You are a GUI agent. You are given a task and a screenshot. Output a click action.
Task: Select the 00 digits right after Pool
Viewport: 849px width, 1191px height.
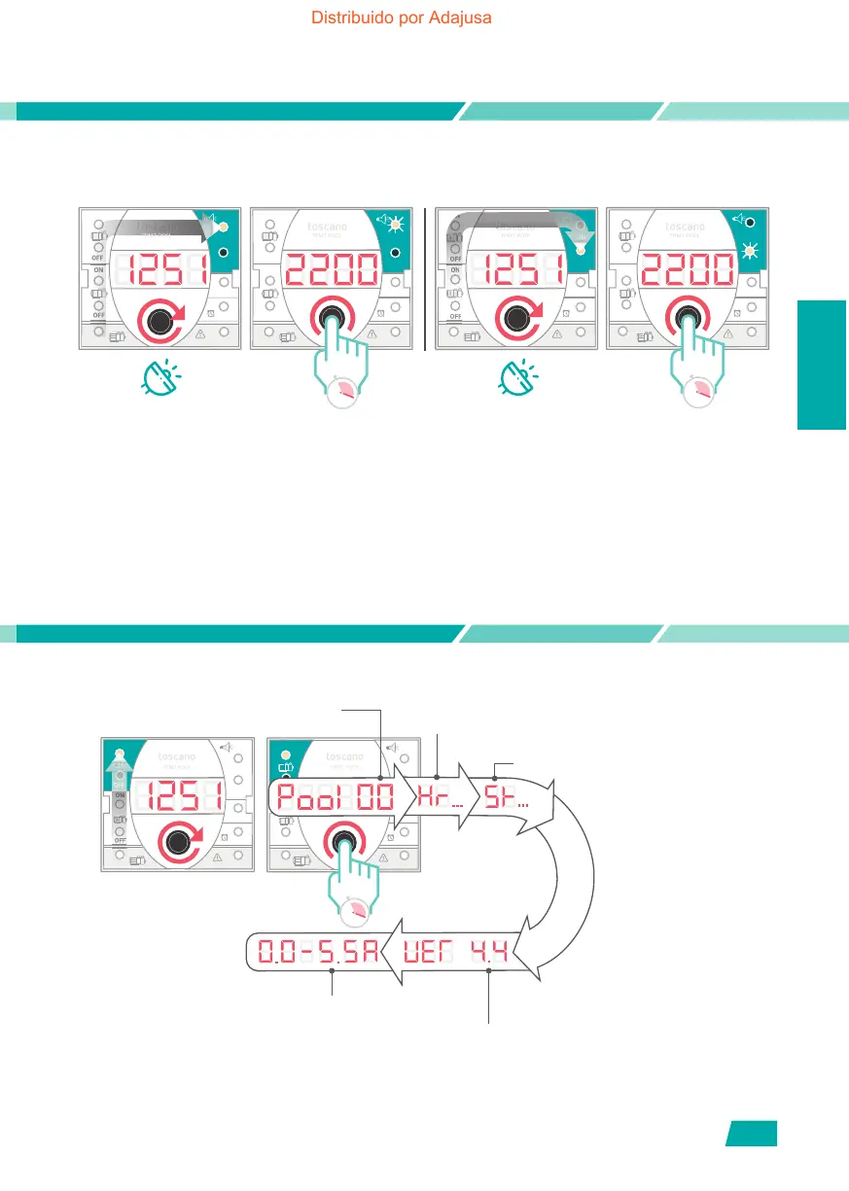pyautogui.click(x=373, y=800)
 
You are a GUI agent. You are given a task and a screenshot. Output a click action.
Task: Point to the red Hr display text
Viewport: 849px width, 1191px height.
pyautogui.click(x=435, y=799)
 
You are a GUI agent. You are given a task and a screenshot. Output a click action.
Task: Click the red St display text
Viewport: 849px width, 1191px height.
pyautogui.click(x=502, y=799)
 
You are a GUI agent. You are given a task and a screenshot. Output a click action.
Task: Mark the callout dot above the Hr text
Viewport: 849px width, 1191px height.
pyautogui.click(x=438, y=776)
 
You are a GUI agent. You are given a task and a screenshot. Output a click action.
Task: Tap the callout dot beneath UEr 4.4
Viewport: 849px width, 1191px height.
pyautogui.click(x=488, y=970)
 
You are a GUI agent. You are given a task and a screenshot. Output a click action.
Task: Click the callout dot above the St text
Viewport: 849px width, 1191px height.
pyautogui.click(x=496, y=776)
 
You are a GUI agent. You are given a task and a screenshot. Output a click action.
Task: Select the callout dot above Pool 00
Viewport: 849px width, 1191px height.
pyautogui.click(x=380, y=776)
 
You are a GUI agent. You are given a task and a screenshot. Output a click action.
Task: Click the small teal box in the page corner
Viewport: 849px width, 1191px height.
pyautogui.click(x=751, y=1134)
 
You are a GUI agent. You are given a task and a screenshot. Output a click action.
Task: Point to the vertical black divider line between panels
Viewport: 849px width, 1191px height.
pyautogui.click(x=426, y=277)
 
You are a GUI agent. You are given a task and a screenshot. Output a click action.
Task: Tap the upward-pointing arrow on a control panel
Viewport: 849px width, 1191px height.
pyautogui.click(x=120, y=773)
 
